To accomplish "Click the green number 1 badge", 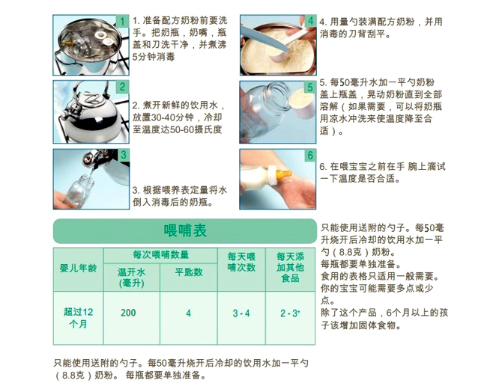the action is tap(122, 22).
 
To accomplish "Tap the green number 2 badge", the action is tap(122, 87).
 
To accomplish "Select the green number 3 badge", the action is tap(123, 155).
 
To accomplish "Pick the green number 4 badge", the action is tap(310, 21).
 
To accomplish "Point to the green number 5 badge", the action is tap(310, 87).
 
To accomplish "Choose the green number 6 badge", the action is tap(310, 156).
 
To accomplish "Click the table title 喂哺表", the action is tap(185, 230).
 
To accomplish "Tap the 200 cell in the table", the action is tap(128, 313).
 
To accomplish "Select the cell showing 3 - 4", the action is tap(241, 313).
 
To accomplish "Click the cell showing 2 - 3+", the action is tap(290, 313).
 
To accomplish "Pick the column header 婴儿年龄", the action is tap(78, 268).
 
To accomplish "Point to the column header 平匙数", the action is tap(189, 272).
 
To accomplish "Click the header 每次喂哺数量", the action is tap(161, 255).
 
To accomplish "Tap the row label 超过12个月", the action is tap(78, 318).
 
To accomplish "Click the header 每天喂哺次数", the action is tap(241, 262).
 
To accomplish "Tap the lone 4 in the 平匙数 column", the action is tap(189, 313).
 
